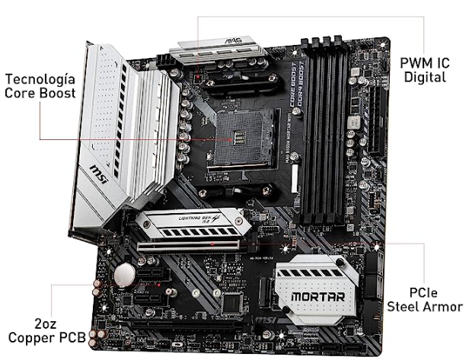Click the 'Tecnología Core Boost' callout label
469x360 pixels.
click(40, 86)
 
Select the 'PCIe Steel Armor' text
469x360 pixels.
click(423, 298)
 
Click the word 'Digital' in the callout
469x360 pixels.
click(425, 77)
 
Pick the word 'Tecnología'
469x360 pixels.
click(40, 79)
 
